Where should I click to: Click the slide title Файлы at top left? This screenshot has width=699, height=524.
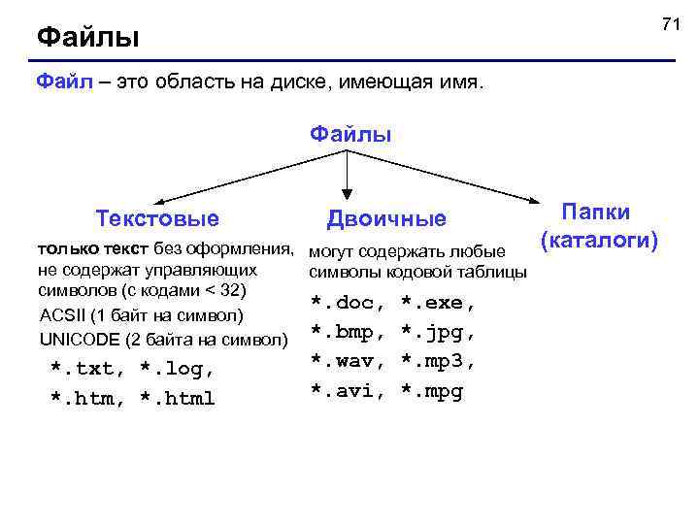coord(88,39)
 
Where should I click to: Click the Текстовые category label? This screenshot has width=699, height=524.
coord(157,217)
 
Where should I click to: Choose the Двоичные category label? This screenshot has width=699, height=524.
coord(387,219)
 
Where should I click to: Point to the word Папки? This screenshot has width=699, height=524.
coord(595,213)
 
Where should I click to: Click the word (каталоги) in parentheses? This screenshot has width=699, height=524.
coord(600,239)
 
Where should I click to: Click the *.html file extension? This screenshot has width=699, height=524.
coord(177,399)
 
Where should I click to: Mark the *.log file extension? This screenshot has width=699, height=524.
coord(177,370)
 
